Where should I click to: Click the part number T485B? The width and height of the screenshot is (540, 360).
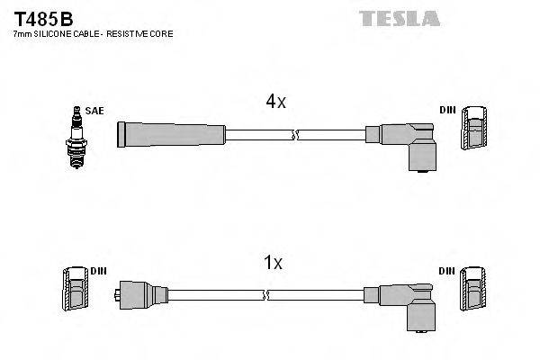[x=41, y=17]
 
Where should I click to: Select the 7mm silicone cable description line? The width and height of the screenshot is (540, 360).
[x=93, y=33]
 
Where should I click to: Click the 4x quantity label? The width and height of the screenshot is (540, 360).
[x=275, y=103]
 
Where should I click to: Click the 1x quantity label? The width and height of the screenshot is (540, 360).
[x=273, y=263]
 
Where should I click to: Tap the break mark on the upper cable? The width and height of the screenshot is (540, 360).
[x=293, y=135]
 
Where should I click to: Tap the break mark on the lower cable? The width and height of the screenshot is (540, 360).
[x=265, y=294]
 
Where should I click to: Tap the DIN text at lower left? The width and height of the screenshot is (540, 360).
[x=98, y=269]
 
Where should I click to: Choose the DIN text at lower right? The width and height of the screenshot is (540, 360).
[x=447, y=270]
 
